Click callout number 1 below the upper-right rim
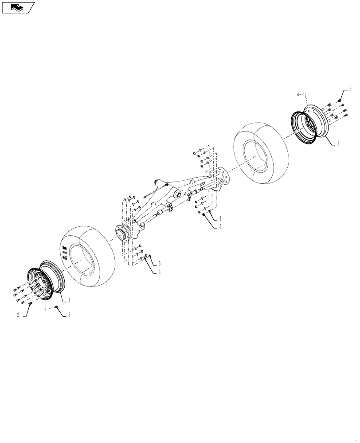point(339,144)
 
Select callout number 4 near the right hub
point(220,218)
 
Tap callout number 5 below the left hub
point(159,263)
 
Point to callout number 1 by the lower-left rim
point(70,300)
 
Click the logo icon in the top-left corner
point(18,7)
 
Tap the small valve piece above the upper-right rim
point(299,94)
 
